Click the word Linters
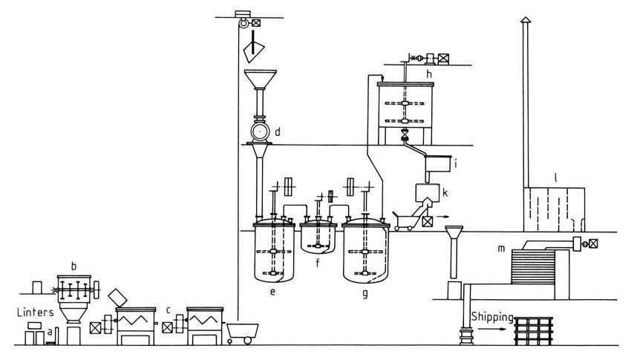coord(36,312)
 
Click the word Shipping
coord(492,317)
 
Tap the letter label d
coord(278,131)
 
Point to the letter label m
coord(501,248)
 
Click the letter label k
coord(445,192)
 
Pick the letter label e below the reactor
coord(272,291)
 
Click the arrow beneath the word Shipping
coord(492,328)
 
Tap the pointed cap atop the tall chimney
coord(526,20)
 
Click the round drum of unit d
coord(260,131)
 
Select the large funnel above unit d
coord(261,79)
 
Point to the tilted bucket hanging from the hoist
coord(253,52)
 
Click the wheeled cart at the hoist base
coord(242,333)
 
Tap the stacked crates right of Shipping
coord(533,331)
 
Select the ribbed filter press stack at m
coord(533,266)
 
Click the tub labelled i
coord(438,163)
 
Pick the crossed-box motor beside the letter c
coord(167,327)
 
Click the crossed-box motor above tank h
coord(443,59)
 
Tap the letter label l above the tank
coord(555,177)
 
